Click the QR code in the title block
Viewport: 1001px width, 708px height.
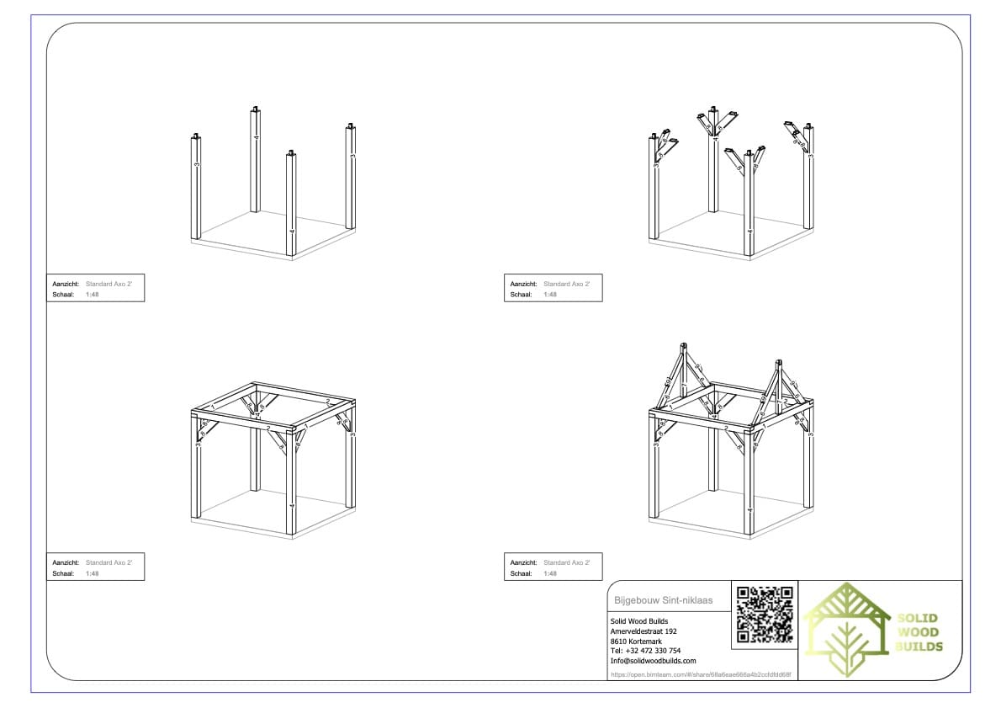pos(765,615)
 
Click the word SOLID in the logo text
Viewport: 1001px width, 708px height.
pos(918,618)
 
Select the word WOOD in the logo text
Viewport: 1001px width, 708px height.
pos(918,632)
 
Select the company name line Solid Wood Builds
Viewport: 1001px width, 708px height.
pos(639,621)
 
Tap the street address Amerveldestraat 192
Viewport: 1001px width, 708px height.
pos(643,631)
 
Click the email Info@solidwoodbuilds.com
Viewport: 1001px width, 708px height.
pos(653,661)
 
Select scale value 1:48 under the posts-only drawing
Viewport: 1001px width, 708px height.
pos(93,295)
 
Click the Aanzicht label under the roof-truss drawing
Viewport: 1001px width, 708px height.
pos(523,562)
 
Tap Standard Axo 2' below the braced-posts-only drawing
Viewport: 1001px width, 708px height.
pos(566,284)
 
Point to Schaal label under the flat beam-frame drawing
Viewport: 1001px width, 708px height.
pos(63,573)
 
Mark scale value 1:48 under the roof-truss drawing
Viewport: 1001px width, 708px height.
pos(550,573)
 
